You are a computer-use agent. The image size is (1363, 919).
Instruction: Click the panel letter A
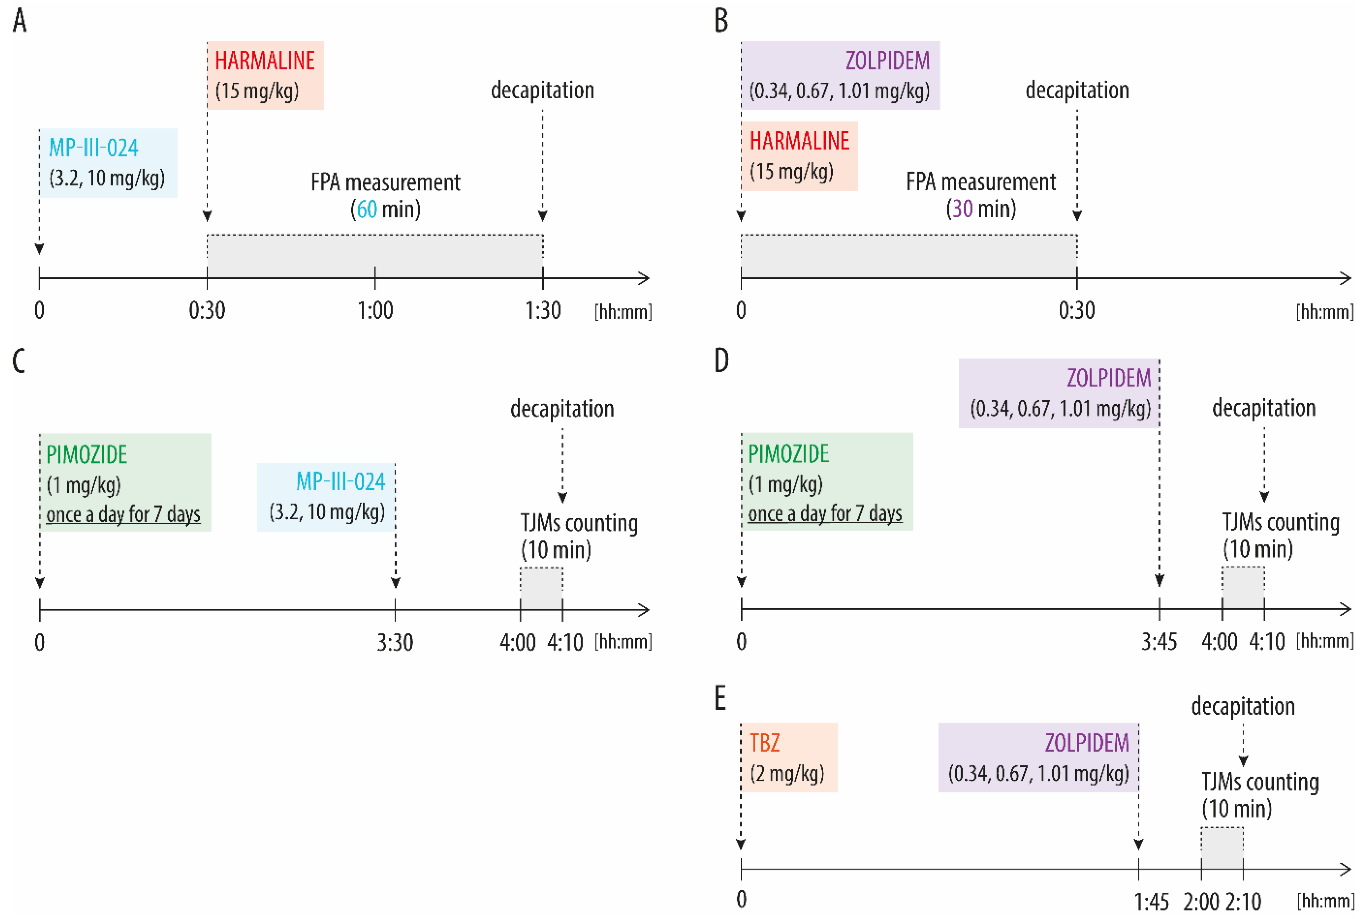(19, 21)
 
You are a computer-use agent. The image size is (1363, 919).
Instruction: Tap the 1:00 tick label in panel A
(375, 310)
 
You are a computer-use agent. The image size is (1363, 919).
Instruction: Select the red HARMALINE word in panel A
(265, 60)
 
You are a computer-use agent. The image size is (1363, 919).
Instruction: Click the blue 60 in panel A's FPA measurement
(367, 209)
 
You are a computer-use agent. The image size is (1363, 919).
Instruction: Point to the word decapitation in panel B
(1077, 90)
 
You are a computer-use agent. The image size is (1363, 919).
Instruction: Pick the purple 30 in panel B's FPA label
(962, 209)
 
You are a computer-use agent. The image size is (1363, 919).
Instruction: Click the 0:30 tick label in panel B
(1076, 310)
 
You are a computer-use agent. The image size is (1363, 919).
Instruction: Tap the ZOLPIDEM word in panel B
(887, 60)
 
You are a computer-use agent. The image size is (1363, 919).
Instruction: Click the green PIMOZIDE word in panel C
(87, 455)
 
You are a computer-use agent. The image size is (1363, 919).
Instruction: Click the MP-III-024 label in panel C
(340, 482)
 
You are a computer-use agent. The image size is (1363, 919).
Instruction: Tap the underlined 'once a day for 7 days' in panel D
(825, 514)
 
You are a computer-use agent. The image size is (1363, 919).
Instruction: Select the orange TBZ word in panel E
(765, 743)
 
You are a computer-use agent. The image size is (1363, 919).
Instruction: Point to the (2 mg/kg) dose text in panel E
(787, 774)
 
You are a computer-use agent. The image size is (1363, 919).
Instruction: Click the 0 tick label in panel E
(741, 900)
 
